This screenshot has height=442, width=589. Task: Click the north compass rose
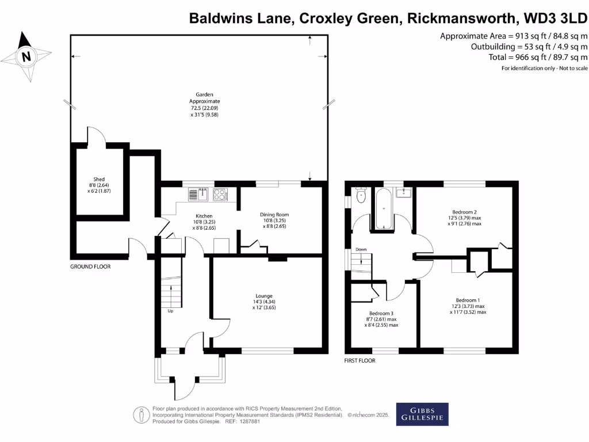25,56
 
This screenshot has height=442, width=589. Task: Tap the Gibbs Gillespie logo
422,414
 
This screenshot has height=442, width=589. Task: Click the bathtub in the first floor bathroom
384,209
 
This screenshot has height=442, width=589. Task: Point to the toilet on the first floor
361,196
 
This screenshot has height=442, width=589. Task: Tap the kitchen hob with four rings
220,195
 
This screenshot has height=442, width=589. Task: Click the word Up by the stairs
170,311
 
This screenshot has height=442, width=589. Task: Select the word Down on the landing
361,249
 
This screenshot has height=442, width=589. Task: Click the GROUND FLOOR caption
90,266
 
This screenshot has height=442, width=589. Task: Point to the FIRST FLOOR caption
360,361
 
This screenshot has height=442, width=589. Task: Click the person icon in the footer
140,414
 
